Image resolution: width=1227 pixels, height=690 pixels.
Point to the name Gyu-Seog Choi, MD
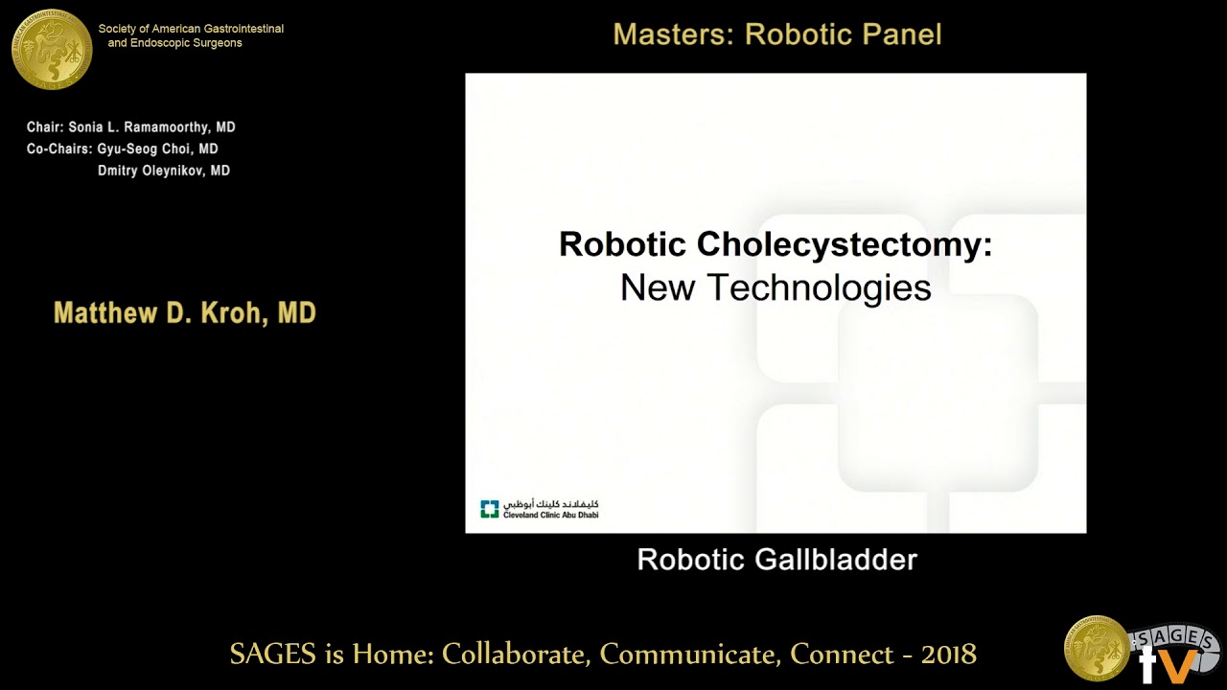[x=158, y=149]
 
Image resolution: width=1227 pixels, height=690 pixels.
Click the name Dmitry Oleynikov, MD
[x=164, y=172]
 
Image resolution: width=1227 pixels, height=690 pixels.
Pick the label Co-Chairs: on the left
[x=59, y=149]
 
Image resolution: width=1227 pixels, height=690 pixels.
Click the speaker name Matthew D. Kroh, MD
[x=185, y=313]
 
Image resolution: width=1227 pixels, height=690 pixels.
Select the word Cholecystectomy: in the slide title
[x=845, y=245]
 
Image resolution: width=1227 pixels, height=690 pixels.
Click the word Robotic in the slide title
[x=623, y=244]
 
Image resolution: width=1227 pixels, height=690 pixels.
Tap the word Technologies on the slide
[x=819, y=287]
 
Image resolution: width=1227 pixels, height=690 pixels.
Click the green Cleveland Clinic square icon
[x=490, y=509]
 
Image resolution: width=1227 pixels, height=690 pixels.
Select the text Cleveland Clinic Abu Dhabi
[x=551, y=515]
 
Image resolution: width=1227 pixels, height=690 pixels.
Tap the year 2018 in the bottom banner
[x=949, y=655]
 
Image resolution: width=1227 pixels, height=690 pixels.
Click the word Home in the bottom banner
[x=391, y=655]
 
